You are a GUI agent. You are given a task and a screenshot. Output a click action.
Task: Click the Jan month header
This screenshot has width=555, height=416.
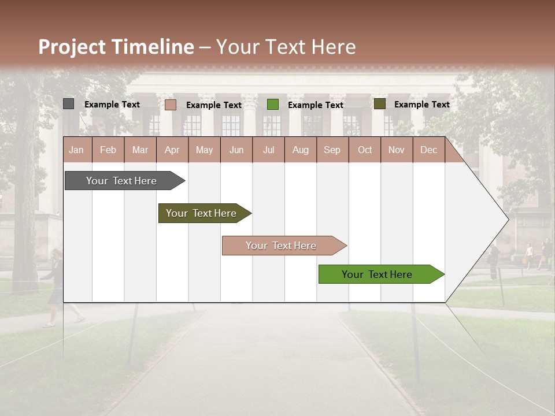tap(76, 150)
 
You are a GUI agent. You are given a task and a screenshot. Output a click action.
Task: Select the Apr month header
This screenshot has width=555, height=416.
tap(172, 150)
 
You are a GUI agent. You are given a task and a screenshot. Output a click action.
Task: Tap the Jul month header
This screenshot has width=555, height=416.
tap(268, 150)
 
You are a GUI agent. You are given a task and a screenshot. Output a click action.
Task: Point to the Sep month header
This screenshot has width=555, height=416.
tap(332, 150)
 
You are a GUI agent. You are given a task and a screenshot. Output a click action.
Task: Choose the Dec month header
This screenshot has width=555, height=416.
tap(428, 150)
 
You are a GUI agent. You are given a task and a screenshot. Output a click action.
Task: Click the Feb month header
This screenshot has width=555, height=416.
tap(108, 150)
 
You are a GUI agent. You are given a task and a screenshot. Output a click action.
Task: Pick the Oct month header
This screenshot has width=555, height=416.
tap(365, 150)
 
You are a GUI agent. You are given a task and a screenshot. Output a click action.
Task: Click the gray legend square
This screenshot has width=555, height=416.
tap(68, 104)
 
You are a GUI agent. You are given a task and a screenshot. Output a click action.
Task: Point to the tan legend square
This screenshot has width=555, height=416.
tap(170, 105)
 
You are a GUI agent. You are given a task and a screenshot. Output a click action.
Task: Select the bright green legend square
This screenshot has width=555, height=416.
tap(273, 105)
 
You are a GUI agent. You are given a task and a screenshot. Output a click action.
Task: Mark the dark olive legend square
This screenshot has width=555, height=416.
tap(379, 104)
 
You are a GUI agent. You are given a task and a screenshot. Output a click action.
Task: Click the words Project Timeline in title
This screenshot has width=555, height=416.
tap(116, 47)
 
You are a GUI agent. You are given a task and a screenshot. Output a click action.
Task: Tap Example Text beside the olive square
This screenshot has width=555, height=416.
tap(421, 105)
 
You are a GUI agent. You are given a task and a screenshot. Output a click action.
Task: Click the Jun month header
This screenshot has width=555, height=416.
tap(236, 150)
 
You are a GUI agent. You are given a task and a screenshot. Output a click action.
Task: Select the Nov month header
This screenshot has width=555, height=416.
tap(397, 150)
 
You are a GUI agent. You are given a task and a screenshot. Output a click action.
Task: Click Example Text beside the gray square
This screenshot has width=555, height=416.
tap(112, 105)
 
